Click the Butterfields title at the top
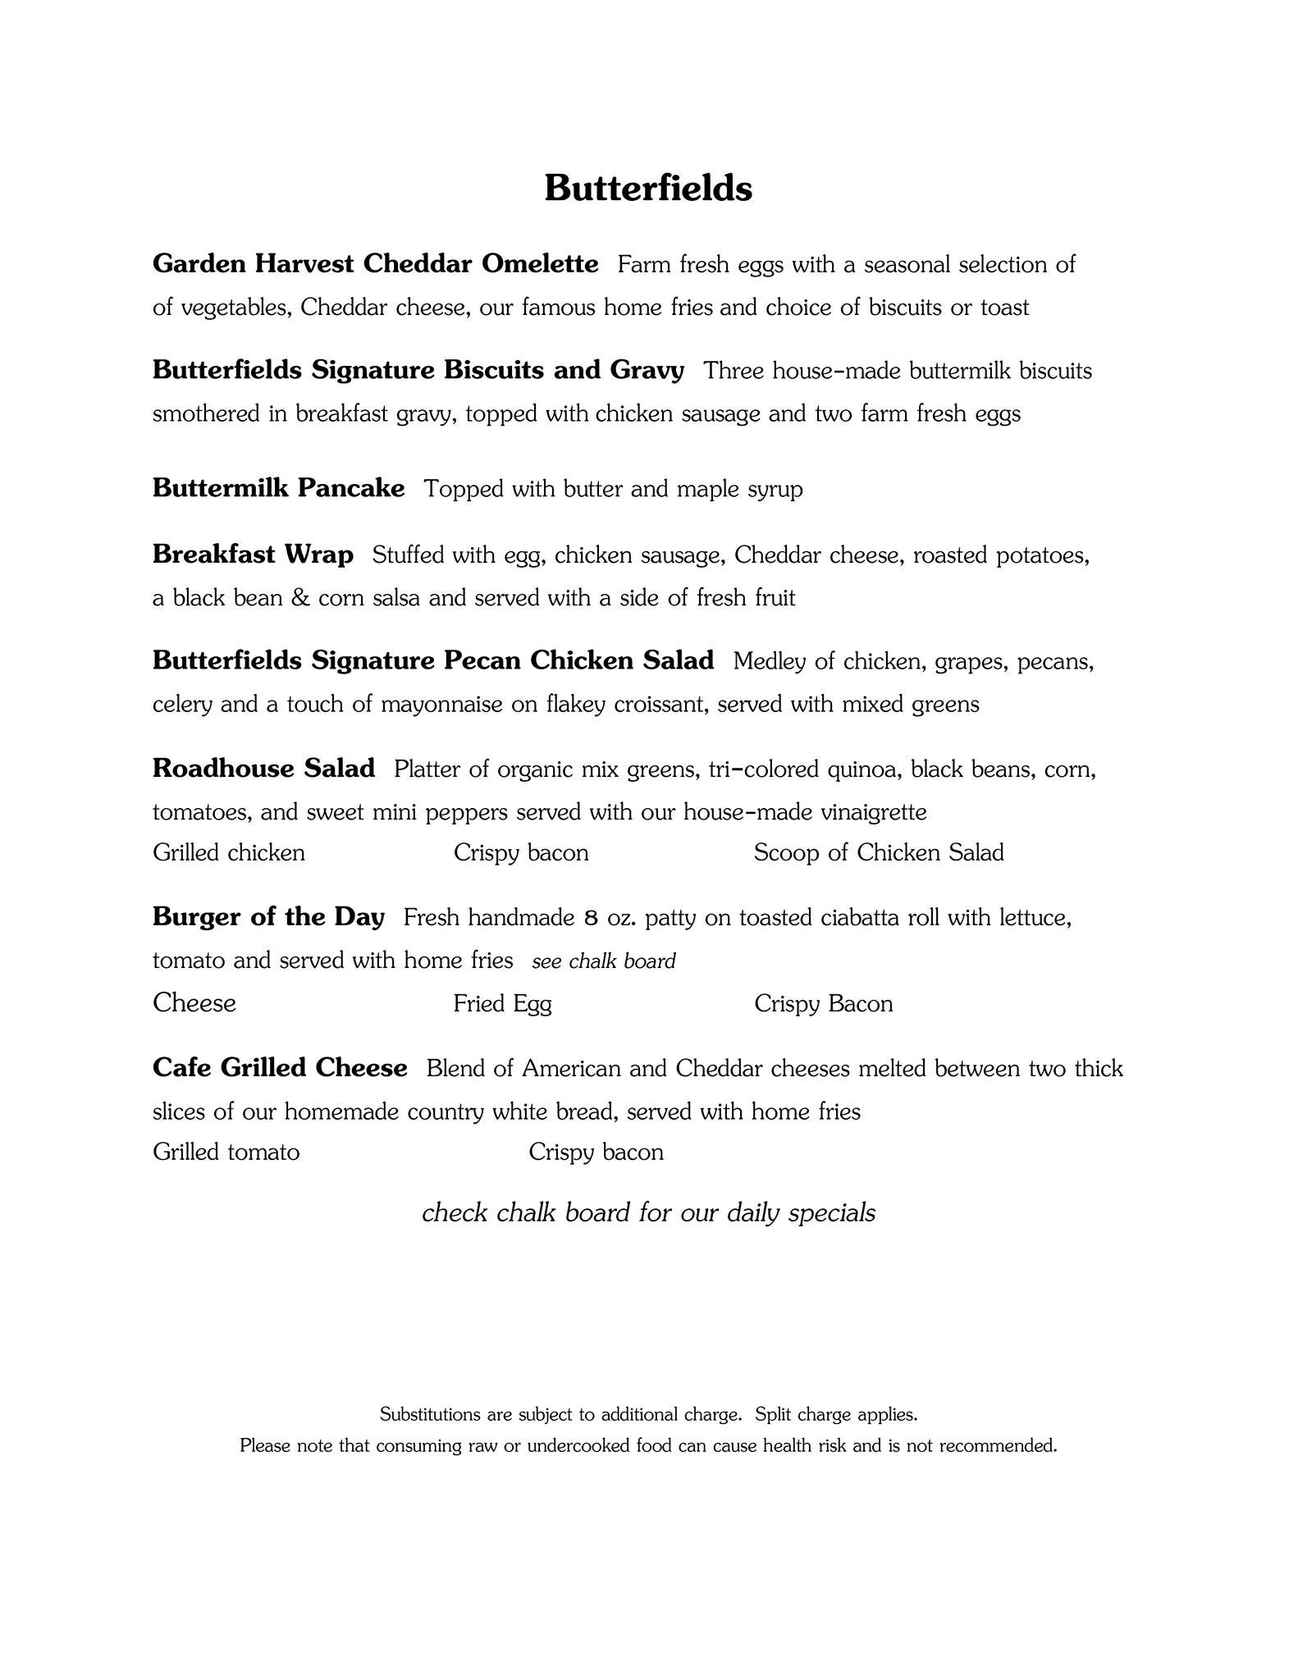(x=648, y=188)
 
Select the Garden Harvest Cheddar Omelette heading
(x=375, y=264)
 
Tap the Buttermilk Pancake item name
(x=278, y=488)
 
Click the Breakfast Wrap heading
(x=253, y=555)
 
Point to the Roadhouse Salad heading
(x=263, y=769)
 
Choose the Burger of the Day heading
(x=268, y=917)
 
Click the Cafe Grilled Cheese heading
(x=280, y=1068)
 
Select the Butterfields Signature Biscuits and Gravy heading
(x=418, y=370)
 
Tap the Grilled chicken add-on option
(x=228, y=853)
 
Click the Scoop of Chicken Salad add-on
(x=879, y=853)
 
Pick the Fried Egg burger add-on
(x=502, y=1004)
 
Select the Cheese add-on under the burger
(x=194, y=1003)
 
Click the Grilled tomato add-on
(x=226, y=1153)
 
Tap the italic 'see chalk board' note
(x=603, y=961)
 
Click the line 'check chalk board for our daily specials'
(x=648, y=1212)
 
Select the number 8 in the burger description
(x=591, y=918)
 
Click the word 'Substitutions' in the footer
(x=430, y=1414)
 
